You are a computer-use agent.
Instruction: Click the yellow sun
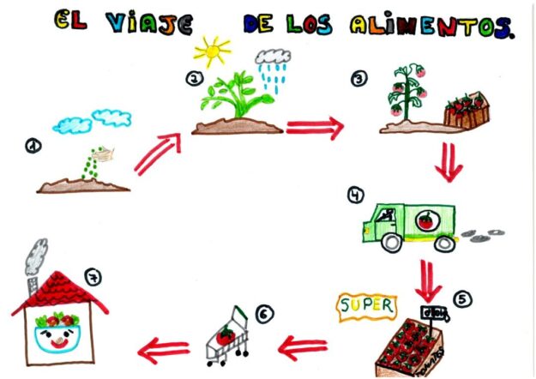tap(212, 50)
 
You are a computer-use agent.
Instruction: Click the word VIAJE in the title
tap(148, 23)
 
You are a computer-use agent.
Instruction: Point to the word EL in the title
tap(70, 21)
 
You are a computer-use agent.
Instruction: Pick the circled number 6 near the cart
tap(265, 315)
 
